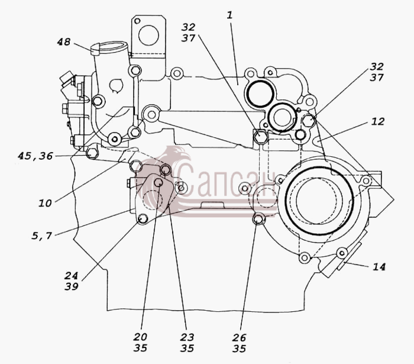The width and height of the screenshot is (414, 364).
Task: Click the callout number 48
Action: click(x=64, y=42)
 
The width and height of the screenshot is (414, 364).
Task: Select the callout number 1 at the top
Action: click(x=229, y=15)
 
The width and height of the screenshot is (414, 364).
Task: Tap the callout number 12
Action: click(x=378, y=121)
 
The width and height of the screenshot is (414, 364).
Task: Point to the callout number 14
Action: click(x=379, y=267)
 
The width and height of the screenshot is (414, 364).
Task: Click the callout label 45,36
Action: click(x=35, y=156)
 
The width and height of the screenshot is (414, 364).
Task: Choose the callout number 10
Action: click(x=45, y=203)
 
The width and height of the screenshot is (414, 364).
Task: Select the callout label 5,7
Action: click(x=42, y=236)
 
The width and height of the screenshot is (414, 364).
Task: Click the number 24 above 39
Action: click(x=72, y=275)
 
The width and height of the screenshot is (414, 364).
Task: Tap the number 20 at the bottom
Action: click(x=140, y=337)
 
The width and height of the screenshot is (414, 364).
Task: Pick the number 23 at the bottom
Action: click(x=187, y=337)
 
